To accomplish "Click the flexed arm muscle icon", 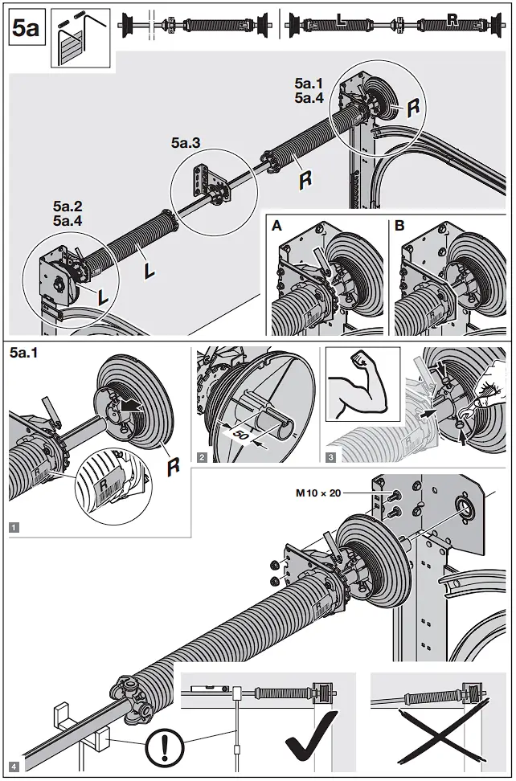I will [362, 384].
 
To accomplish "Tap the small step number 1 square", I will [14, 527].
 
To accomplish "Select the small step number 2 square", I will [202, 456].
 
